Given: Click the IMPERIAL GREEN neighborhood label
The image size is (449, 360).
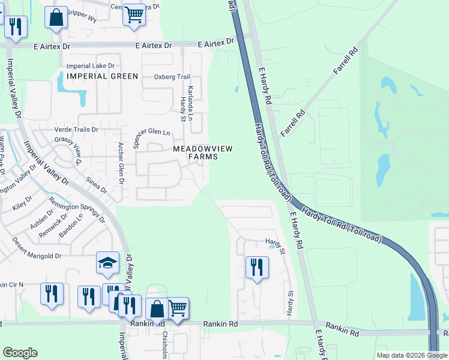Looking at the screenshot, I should [x=102, y=76].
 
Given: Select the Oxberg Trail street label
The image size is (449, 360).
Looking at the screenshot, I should [x=172, y=77].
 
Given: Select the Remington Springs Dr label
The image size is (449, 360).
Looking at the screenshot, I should [x=77, y=210].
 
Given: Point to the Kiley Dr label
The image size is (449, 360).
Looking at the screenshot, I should [x=22, y=202].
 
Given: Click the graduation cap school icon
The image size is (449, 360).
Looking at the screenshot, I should [x=107, y=262].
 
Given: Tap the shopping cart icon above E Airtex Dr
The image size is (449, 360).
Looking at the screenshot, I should [x=134, y=14].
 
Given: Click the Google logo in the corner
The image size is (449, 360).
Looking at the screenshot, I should [x=20, y=353].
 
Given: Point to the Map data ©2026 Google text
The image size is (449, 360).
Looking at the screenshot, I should [x=411, y=355].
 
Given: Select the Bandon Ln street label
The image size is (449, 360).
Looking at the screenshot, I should [x=71, y=226].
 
